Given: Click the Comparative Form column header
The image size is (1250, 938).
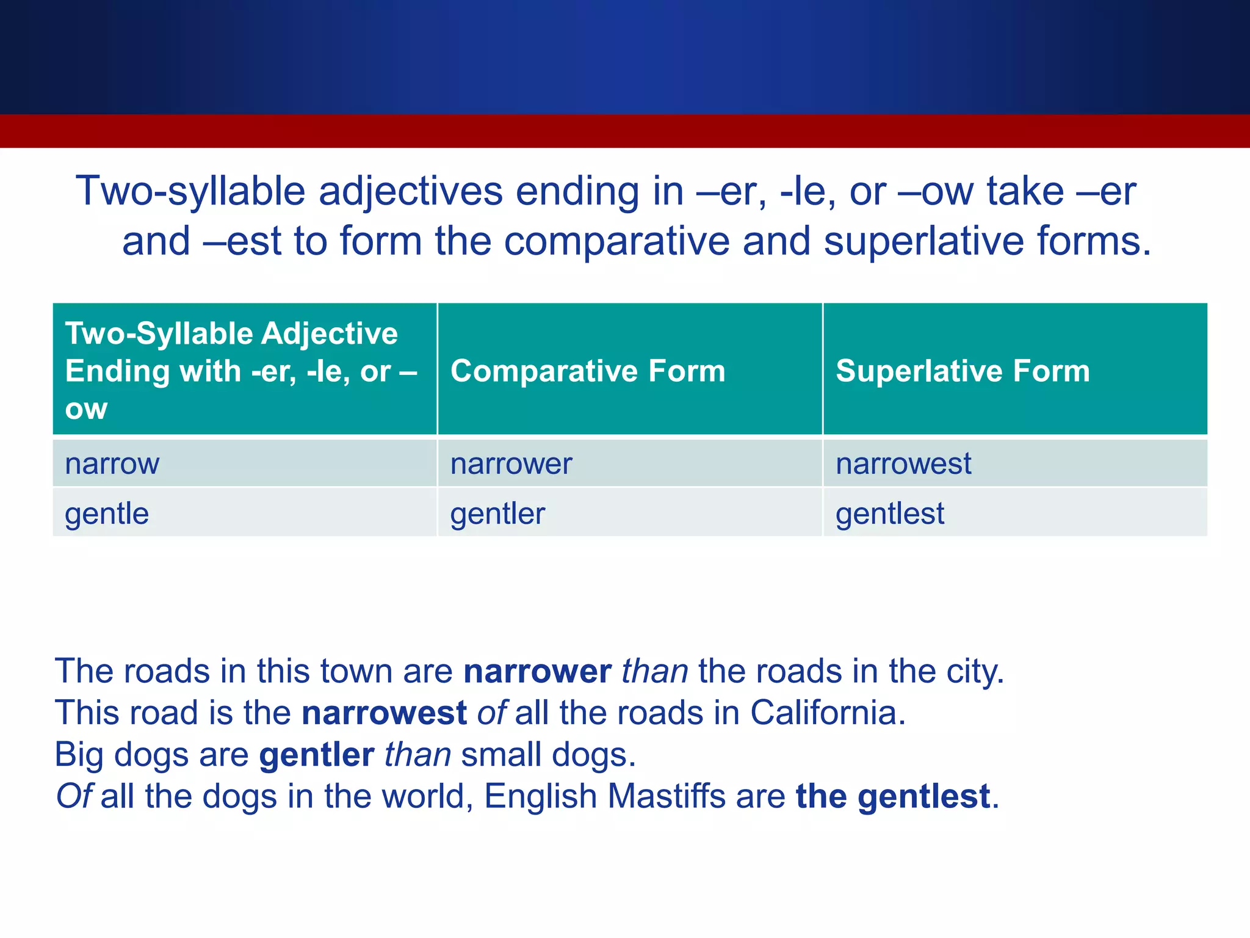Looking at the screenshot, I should coord(588,371).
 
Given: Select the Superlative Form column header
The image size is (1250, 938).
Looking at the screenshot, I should coord(963,371).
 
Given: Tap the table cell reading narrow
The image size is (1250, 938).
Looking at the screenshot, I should coord(112,464).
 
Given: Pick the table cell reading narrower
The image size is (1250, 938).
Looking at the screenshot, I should coord(511,464).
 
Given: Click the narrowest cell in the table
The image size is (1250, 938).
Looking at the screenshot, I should coord(903,464).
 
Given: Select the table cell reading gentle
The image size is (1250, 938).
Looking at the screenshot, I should coord(107,514).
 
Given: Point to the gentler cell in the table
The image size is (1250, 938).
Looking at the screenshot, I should coord(497,514).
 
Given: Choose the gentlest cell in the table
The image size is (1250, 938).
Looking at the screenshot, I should coord(890,514).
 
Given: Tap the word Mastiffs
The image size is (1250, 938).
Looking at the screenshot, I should coord(666,796).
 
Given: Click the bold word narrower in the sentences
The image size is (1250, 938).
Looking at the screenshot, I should coord(537,671).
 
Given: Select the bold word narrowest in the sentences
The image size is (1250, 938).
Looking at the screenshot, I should coord(384,713).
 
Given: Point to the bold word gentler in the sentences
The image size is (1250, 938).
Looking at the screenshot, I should coord(316,755).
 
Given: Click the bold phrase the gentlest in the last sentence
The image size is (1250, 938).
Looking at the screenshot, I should coord(892,796).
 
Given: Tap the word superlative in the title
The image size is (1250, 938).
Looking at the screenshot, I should coord(923,241).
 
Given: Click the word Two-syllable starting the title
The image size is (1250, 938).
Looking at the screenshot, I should coord(190,191).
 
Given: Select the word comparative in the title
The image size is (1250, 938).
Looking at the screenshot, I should coord(616,241).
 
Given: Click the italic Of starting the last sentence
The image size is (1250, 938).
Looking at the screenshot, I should coord(73,796).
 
